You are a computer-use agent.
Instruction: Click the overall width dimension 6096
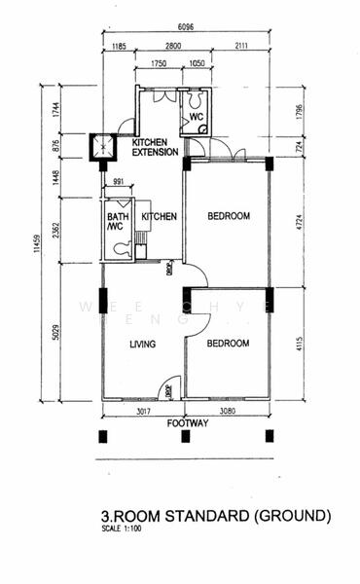(x=184, y=26)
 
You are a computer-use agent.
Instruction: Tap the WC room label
(x=196, y=117)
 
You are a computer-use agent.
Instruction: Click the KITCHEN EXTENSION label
(x=155, y=148)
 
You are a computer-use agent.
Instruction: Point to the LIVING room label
(x=143, y=344)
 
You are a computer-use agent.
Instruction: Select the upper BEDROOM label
(x=229, y=216)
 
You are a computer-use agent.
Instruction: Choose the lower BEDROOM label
(x=228, y=344)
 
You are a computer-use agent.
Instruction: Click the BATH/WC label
(x=118, y=223)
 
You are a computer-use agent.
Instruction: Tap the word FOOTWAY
(x=187, y=423)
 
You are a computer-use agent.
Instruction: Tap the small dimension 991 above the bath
(x=118, y=182)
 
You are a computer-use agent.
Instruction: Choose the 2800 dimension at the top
(x=173, y=46)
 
